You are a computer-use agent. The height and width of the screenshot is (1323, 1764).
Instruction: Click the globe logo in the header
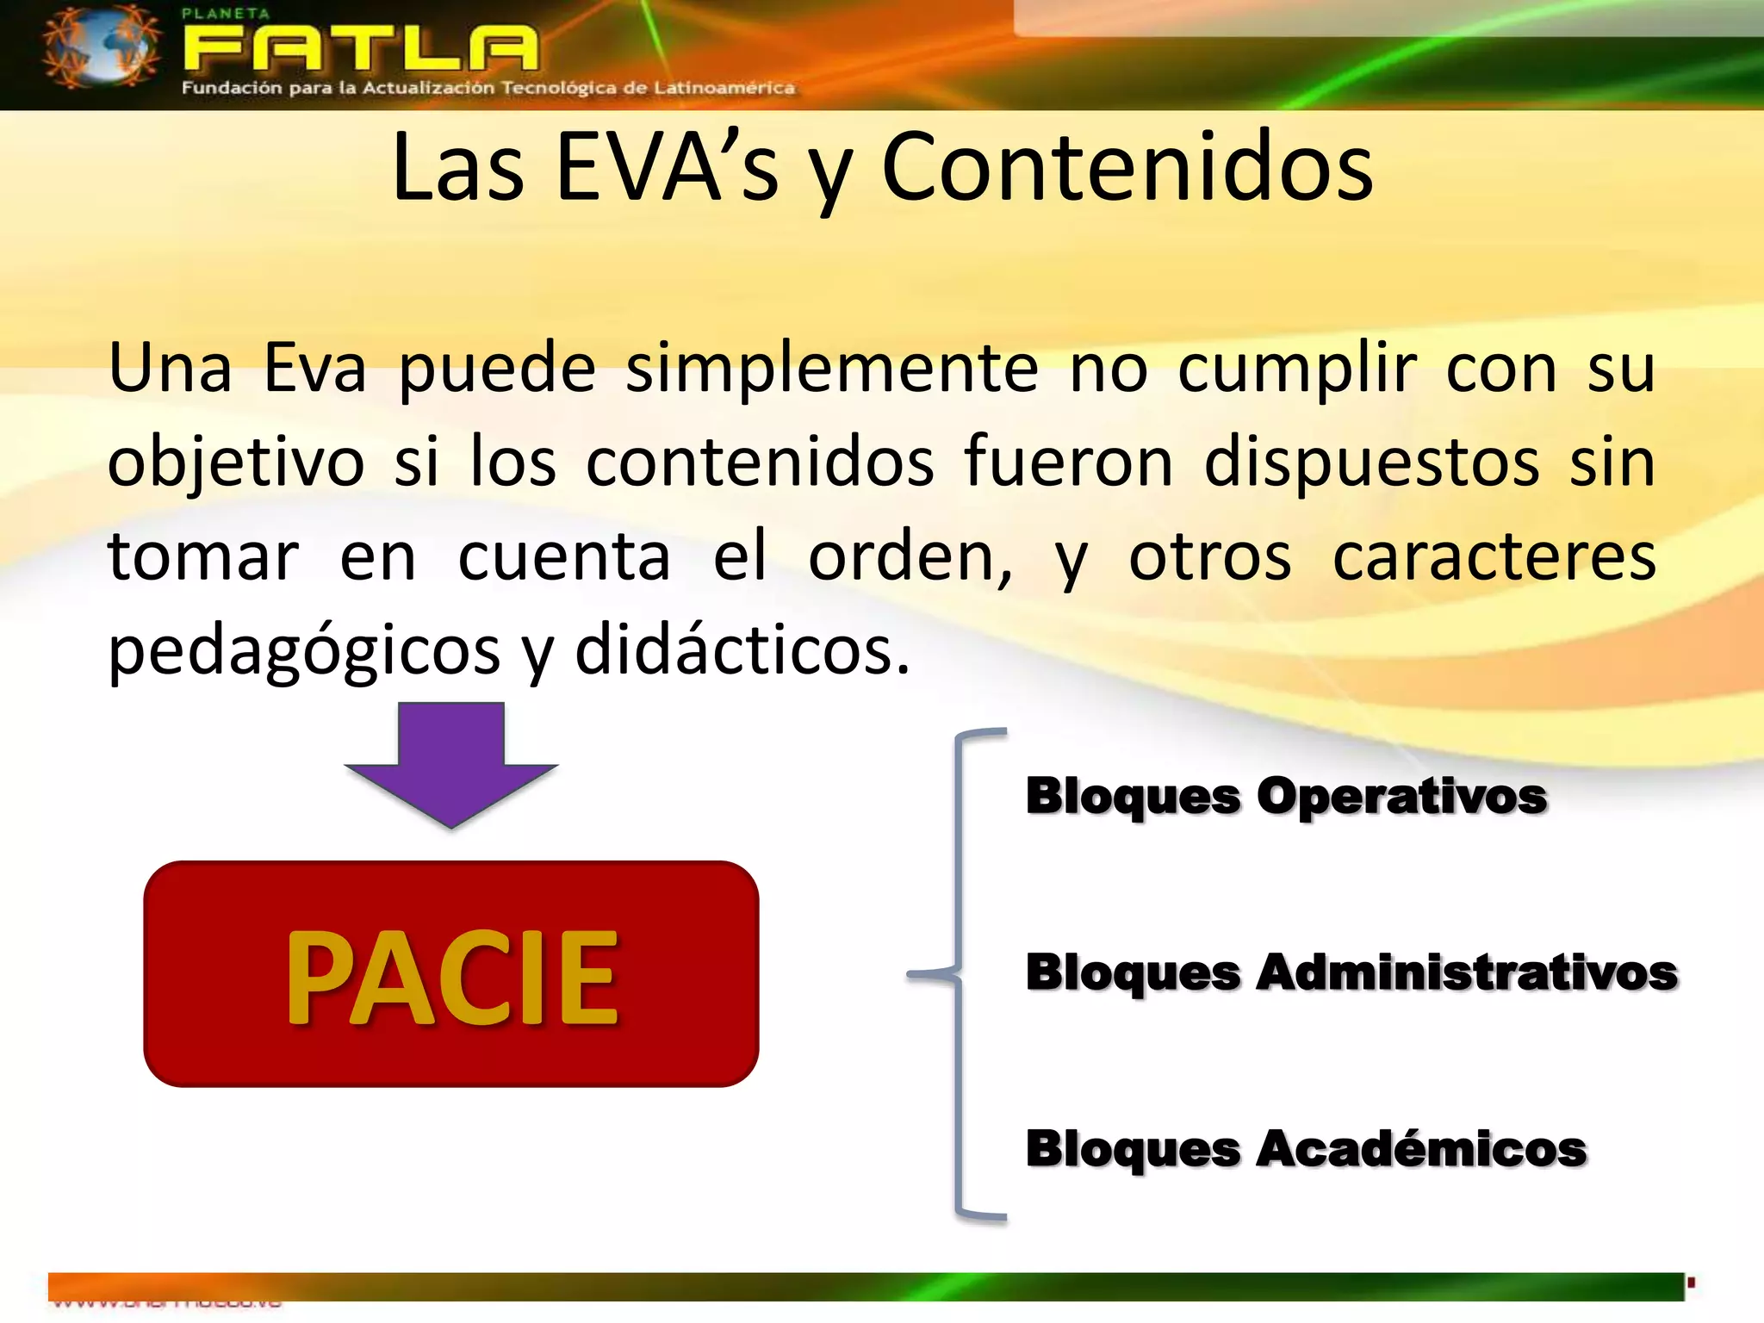click(x=101, y=47)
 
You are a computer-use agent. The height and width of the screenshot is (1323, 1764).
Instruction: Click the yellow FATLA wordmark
click(x=360, y=49)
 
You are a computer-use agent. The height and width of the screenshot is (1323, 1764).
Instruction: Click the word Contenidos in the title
click(x=1127, y=168)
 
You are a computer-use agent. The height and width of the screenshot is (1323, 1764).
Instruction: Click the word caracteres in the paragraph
click(x=1494, y=557)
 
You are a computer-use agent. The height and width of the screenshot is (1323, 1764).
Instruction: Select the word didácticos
click(x=741, y=651)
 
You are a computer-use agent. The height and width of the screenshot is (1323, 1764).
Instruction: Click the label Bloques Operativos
click(x=1286, y=796)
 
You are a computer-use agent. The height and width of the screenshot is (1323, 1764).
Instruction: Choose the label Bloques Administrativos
click(x=1351, y=973)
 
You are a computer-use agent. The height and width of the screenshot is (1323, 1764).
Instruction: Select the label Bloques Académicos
click(x=1306, y=1149)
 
